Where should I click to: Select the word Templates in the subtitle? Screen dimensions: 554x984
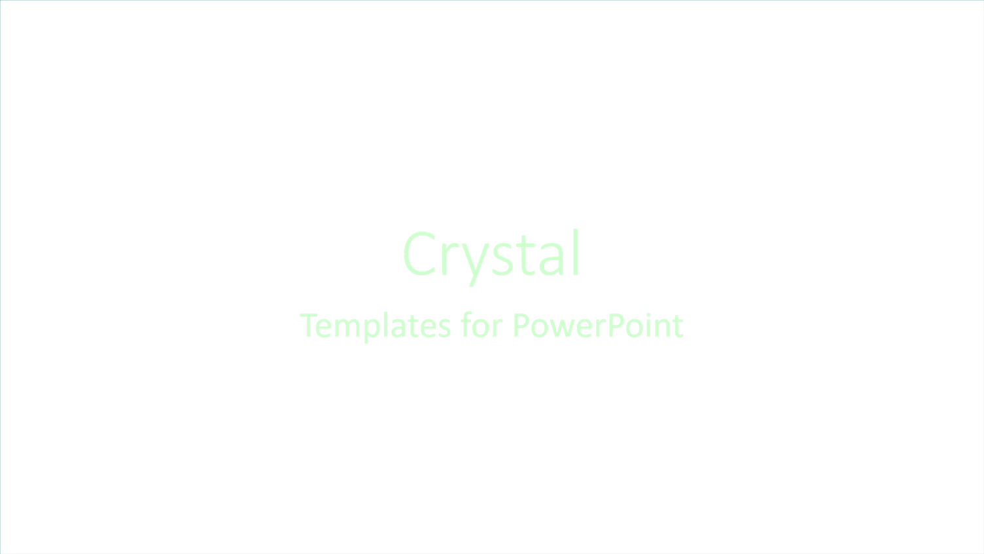375,326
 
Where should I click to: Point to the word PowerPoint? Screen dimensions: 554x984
597,326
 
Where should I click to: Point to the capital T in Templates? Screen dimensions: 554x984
309,325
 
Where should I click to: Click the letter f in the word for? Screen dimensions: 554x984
466,325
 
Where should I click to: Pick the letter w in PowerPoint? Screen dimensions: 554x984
560,329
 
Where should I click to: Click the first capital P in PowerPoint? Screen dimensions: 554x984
521,325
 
